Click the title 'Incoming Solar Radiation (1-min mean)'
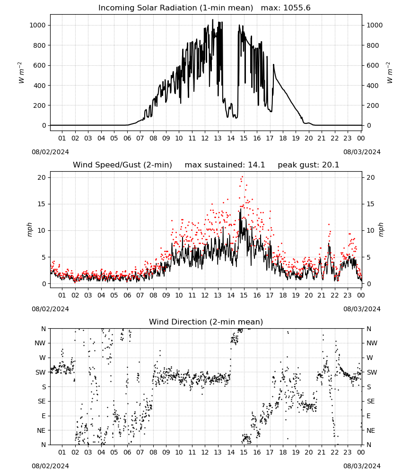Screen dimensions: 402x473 click(x=175, y=8)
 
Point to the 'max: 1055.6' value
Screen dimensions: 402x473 click(x=286, y=8)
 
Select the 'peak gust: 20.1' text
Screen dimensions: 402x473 click(x=308, y=165)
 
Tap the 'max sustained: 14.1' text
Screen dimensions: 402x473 click(x=225, y=165)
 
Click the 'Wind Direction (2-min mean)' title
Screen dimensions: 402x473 click(x=206, y=322)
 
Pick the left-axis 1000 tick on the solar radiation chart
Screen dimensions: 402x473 click(x=37, y=26)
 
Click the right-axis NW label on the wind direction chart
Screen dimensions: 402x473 click(x=372, y=343)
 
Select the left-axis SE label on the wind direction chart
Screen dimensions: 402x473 click(x=42, y=402)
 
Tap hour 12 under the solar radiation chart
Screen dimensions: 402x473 click(x=205, y=139)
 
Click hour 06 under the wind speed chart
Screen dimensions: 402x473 click(x=127, y=295)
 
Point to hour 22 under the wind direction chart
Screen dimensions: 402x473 click(x=335, y=453)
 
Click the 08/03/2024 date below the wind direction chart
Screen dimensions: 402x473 click(x=362, y=466)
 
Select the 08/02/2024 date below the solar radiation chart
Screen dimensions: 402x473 click(x=50, y=152)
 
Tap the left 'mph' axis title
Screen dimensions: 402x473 click(x=29, y=229)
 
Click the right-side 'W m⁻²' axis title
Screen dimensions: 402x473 click(x=390, y=73)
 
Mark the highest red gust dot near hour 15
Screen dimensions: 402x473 click(x=242, y=177)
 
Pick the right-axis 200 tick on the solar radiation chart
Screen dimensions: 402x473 click(x=373, y=105)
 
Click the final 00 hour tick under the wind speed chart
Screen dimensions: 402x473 click(x=361, y=295)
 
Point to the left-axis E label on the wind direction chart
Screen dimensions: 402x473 click(x=44, y=416)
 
